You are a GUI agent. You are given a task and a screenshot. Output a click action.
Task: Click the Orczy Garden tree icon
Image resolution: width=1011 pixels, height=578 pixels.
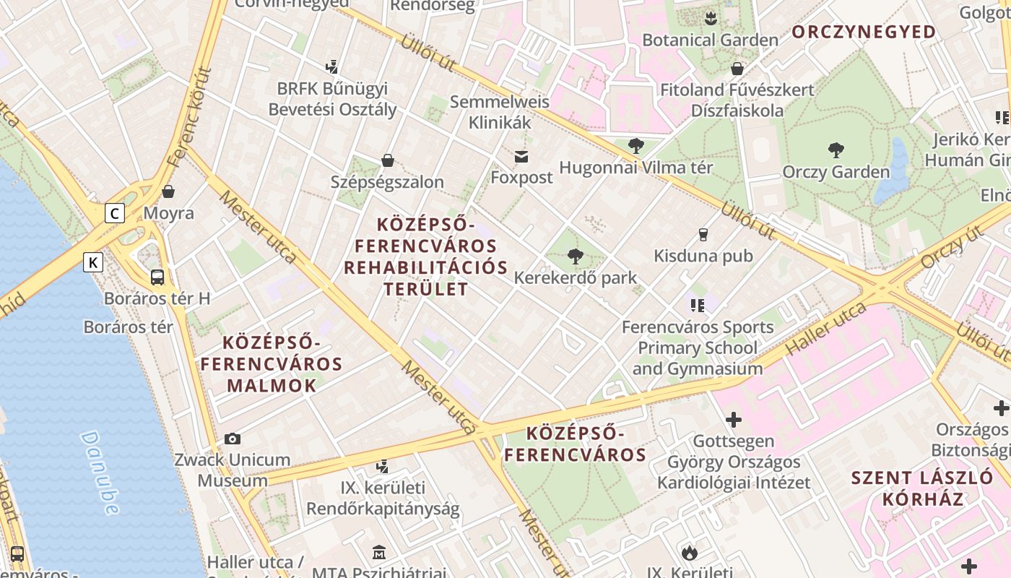[x=836, y=150]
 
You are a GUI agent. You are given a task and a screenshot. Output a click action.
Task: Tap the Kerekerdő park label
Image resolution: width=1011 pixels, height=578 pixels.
[x=576, y=278]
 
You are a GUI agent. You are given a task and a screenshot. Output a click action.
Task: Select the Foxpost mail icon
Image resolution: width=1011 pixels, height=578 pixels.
[x=521, y=157]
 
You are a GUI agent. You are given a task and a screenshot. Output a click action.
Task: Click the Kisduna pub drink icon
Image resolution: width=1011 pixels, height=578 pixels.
[x=703, y=235]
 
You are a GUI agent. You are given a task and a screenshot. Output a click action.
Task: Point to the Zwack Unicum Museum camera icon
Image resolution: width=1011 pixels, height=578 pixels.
[x=233, y=439]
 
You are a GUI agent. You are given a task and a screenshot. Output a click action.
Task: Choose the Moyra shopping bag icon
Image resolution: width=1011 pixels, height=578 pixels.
[x=168, y=191]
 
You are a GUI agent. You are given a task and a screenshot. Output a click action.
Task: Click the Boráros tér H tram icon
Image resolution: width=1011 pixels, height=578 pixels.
[x=157, y=277]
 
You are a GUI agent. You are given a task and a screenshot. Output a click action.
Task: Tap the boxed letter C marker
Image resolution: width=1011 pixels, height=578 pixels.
[x=114, y=213]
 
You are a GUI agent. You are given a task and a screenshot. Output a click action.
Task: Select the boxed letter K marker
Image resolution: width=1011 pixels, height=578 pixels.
[x=93, y=262]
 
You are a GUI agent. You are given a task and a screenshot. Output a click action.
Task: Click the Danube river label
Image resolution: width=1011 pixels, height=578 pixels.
[x=100, y=473]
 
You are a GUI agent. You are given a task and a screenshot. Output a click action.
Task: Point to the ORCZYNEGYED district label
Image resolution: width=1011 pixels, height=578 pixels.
[x=864, y=32]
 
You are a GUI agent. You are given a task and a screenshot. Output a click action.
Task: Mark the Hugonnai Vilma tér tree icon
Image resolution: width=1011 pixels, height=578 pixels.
[x=635, y=146]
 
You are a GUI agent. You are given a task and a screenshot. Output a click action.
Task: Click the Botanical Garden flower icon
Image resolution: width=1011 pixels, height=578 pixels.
[x=711, y=17]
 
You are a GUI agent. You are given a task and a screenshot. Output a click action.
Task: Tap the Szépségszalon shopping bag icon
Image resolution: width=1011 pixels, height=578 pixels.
[x=388, y=160]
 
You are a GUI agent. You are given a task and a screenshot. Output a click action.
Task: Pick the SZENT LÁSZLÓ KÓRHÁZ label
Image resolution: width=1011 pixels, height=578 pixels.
[x=922, y=488]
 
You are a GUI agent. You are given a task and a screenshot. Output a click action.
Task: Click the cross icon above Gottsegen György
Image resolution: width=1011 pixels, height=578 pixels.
[x=734, y=419]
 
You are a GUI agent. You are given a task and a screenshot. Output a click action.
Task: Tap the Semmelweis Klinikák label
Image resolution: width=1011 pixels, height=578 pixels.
[x=500, y=112]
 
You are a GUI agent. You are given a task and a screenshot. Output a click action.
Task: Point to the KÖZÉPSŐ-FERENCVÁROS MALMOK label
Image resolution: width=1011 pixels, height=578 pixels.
[x=272, y=363]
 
